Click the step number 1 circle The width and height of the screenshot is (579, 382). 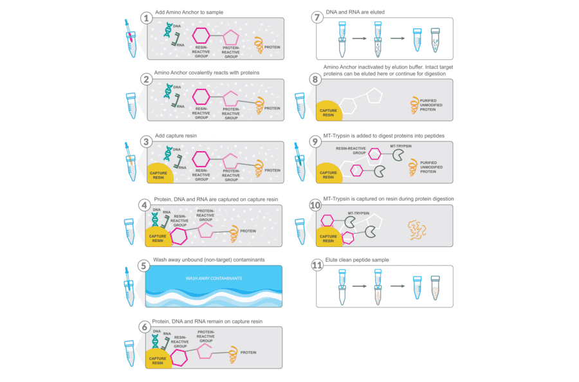pos(147,18)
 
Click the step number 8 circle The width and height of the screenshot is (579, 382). pos(315,80)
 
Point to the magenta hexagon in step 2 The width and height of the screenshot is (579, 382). pos(201,97)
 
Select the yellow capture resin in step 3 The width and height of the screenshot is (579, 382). pos(161,173)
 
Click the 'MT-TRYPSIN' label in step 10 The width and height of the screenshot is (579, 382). pos(359,212)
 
